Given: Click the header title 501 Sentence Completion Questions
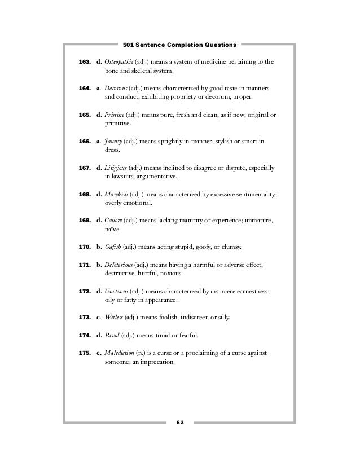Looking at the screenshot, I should [x=179, y=43].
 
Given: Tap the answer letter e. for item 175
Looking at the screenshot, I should [x=99, y=353].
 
